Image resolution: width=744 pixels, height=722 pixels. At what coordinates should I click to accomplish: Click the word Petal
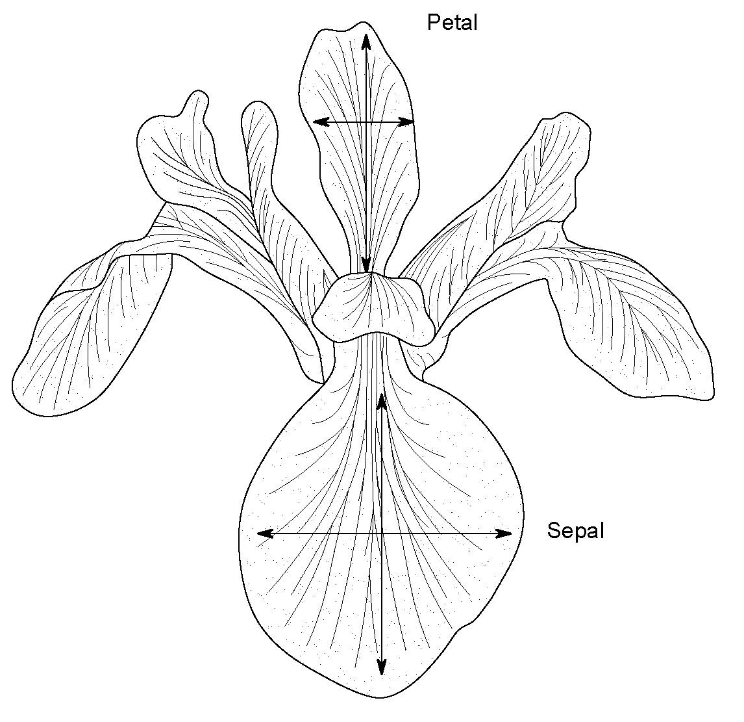click(452, 23)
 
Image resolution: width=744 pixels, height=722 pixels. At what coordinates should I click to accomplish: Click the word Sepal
click(575, 531)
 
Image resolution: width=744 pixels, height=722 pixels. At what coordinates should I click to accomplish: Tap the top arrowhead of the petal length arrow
click(366, 40)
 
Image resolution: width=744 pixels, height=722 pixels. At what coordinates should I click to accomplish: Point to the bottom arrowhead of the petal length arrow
click(366, 265)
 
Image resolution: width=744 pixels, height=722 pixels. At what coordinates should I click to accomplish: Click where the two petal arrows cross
click(366, 122)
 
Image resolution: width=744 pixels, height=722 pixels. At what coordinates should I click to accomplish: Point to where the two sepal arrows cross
click(382, 534)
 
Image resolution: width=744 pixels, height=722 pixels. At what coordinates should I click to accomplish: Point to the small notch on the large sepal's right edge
click(465, 626)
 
